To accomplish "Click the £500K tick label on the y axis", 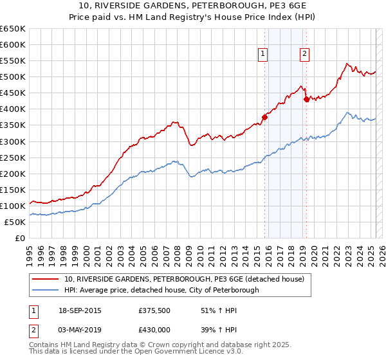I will (x=13, y=77).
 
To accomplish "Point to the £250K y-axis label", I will (x=13, y=157).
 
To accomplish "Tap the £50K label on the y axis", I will (x=15, y=222).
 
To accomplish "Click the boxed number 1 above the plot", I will (x=264, y=55).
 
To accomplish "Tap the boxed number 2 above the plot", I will (x=304, y=55).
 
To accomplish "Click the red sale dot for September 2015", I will (x=264, y=117).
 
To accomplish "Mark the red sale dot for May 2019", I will (x=306, y=99).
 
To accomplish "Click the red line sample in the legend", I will (x=46, y=279).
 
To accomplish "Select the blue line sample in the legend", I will (x=46, y=290).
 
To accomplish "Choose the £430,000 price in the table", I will (x=154, y=329).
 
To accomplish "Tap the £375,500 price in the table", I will (x=154, y=310).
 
